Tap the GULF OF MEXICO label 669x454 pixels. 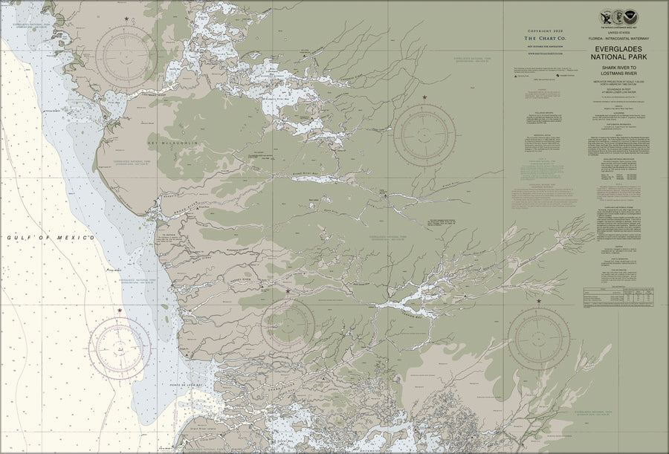[51, 237]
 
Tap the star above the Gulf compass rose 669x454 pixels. [120, 310]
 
